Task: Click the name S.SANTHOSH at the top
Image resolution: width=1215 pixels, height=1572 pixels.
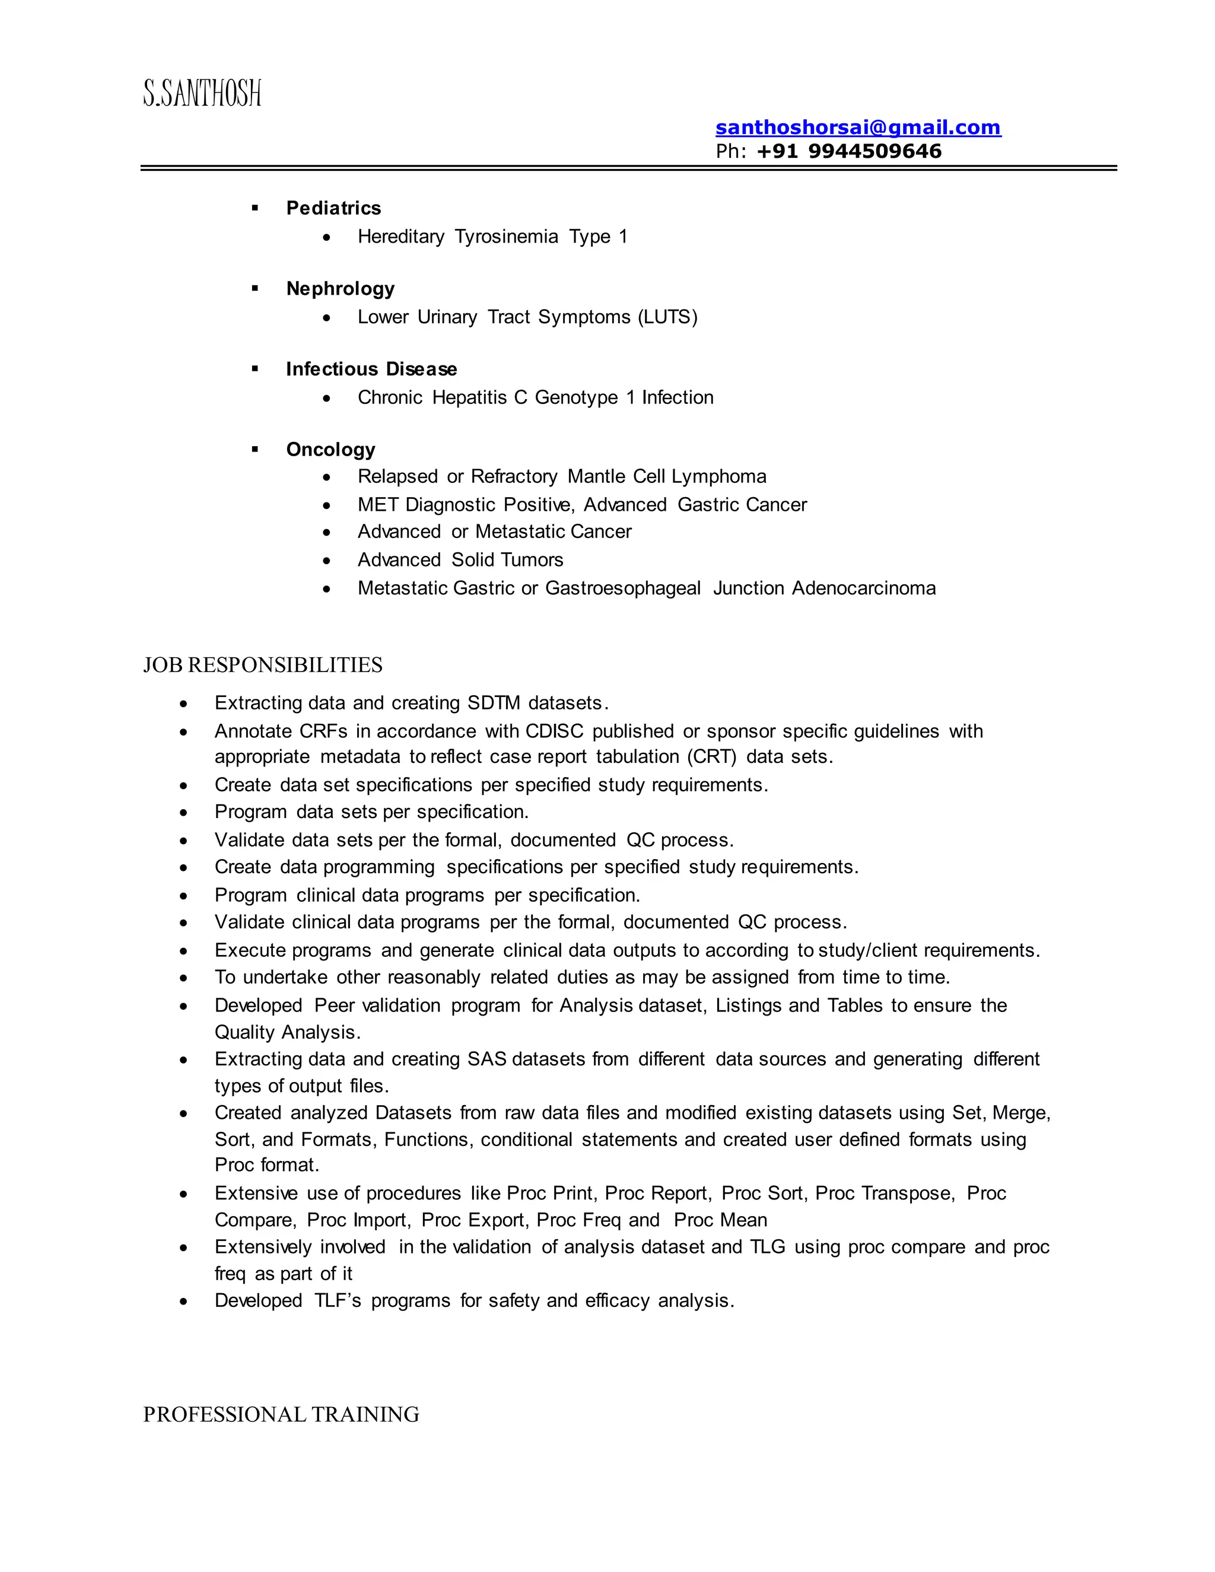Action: click(x=202, y=94)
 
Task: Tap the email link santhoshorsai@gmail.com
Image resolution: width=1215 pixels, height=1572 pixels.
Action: click(x=857, y=128)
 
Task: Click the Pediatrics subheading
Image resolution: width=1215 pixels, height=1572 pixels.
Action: click(x=333, y=208)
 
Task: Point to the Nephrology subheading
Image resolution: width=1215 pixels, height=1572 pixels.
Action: click(x=341, y=289)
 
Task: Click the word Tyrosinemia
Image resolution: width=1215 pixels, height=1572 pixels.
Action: click(x=506, y=237)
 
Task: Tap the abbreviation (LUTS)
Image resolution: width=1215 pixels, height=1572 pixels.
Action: click(x=667, y=317)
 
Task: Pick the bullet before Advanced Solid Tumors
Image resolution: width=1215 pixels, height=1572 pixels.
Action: click(x=327, y=561)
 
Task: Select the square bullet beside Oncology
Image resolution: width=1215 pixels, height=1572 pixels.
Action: click(x=255, y=449)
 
